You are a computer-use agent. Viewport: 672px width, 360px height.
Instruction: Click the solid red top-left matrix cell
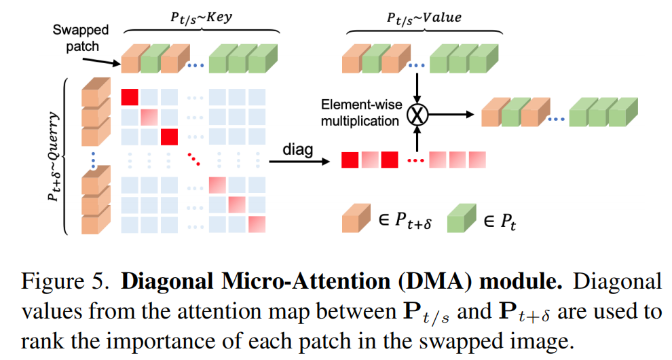pos(130,97)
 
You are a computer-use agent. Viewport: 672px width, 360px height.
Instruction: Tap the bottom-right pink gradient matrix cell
pos(257,223)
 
